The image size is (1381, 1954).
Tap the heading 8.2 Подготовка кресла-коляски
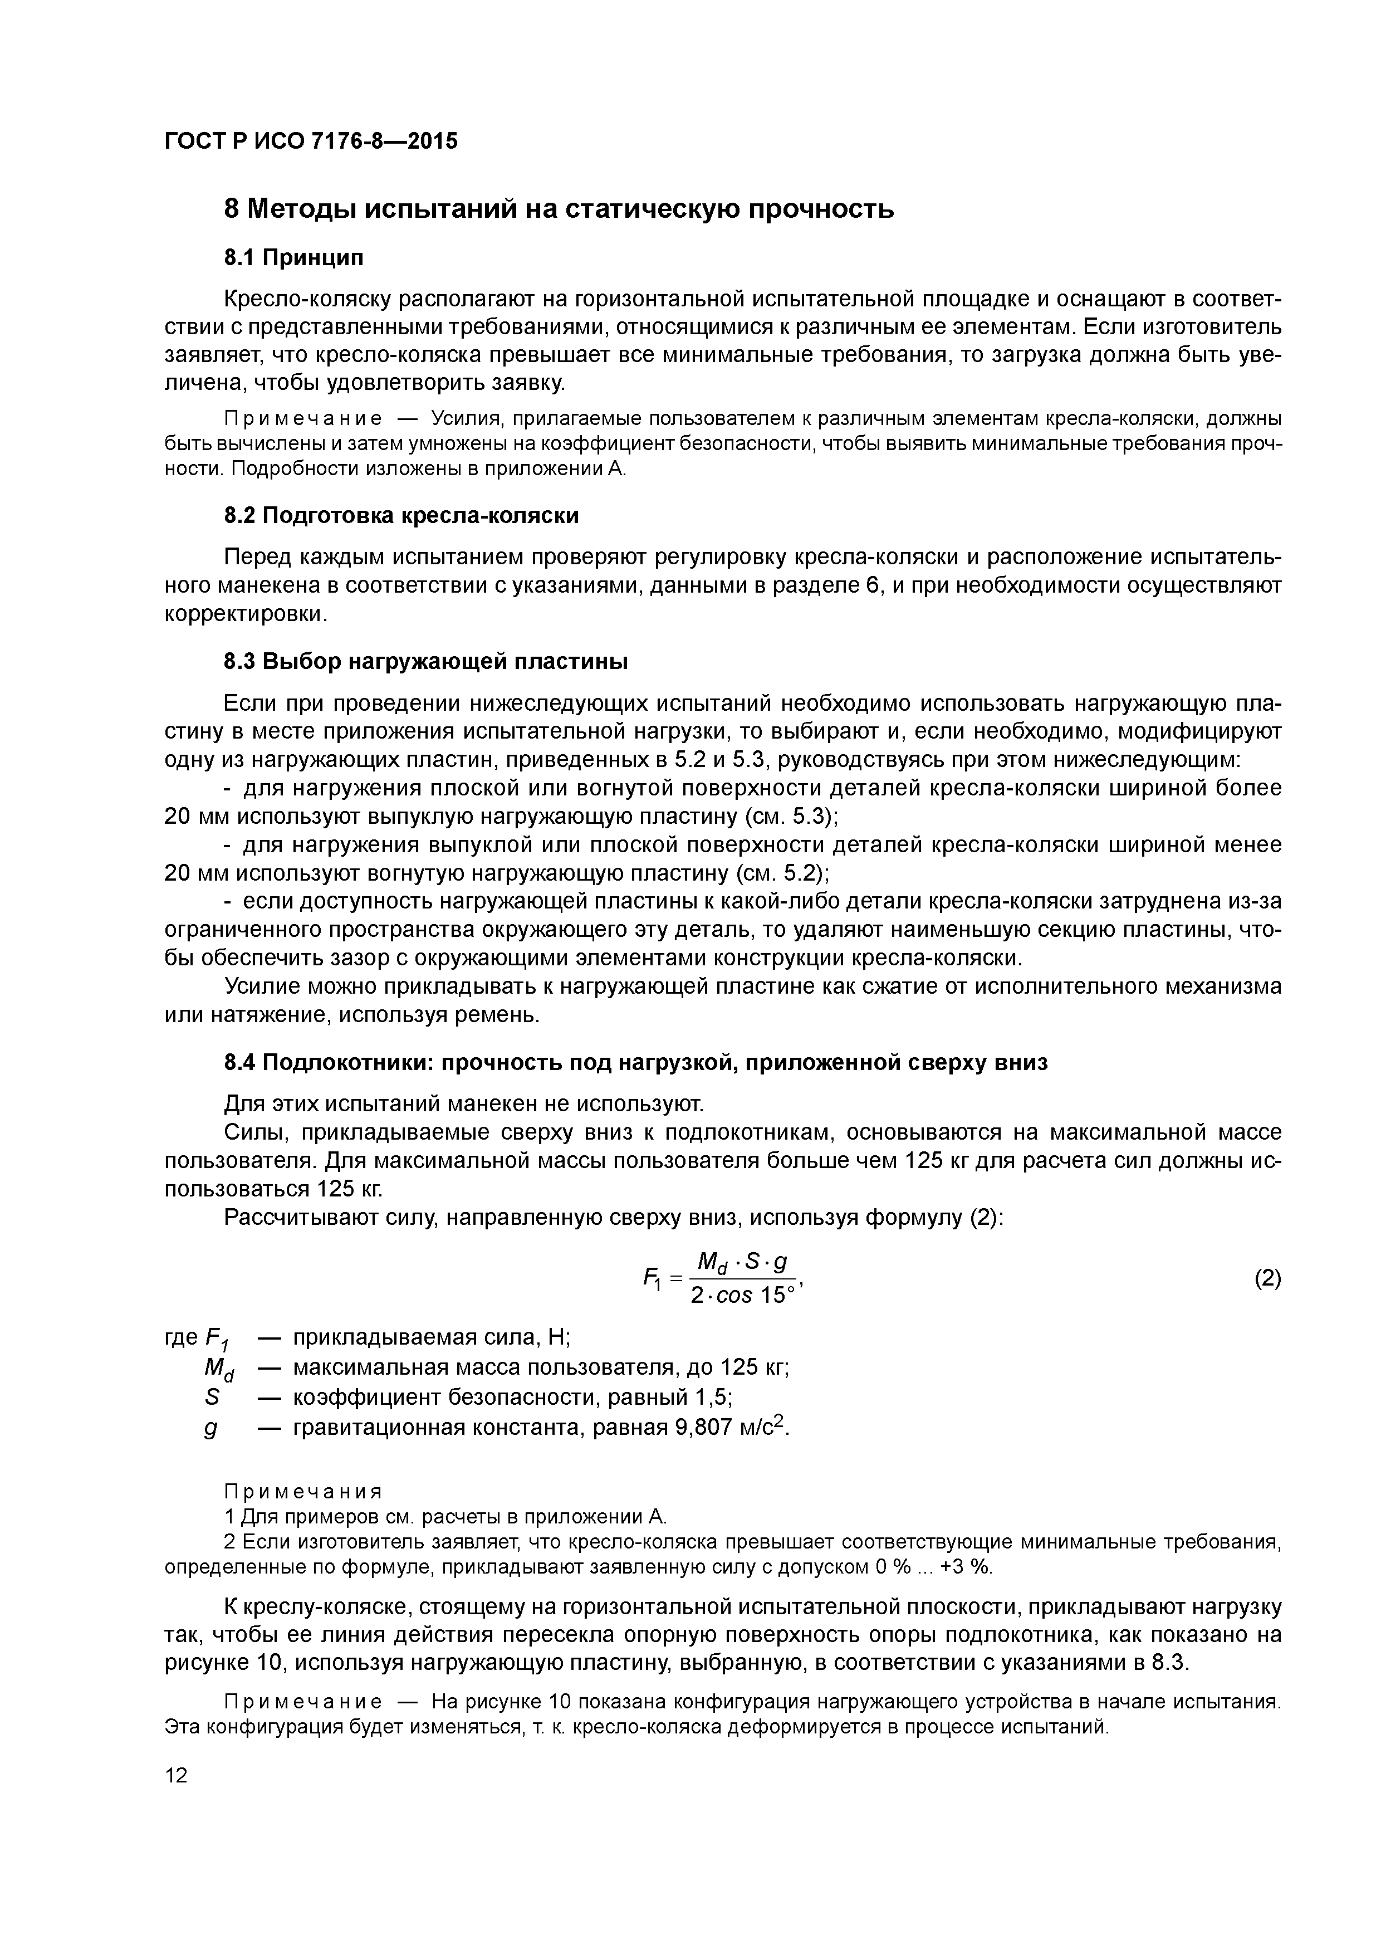pos(401,516)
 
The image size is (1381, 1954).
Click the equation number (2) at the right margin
pos(1267,1279)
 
